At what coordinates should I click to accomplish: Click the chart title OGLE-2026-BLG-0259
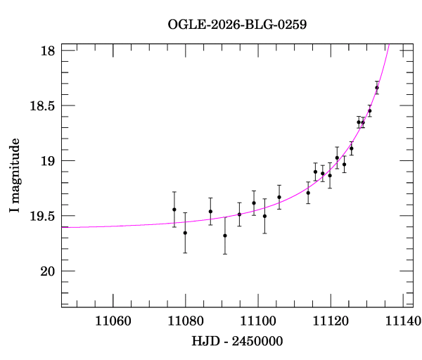coord(237,25)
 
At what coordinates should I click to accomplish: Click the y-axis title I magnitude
coord(15,175)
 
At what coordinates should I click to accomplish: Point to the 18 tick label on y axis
coord(48,51)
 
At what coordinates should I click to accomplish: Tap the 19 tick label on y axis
coord(48,161)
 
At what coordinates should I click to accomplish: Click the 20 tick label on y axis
coord(48,271)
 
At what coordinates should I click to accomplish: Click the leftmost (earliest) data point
coord(174,210)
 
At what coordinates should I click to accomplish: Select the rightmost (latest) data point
coord(377,88)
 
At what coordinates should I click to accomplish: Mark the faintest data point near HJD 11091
coord(224,236)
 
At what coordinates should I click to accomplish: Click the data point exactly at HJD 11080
coord(185,233)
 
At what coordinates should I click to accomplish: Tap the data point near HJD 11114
coord(308,193)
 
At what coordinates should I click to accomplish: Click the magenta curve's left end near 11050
coord(63,227)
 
